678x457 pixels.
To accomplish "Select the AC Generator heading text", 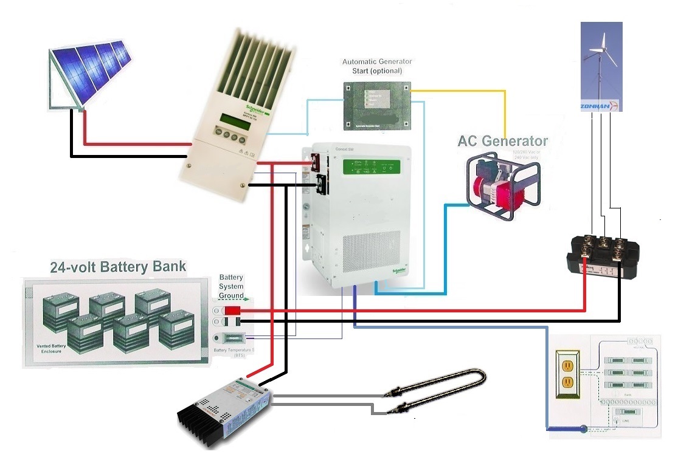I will pyautogui.click(x=502, y=141).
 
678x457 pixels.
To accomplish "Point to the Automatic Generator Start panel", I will pyautogui.click(x=376, y=106).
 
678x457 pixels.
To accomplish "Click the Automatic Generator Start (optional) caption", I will pyautogui.click(x=377, y=66).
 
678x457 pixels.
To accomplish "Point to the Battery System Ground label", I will pyautogui.click(x=231, y=286).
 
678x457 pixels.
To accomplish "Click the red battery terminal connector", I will pyautogui.click(x=233, y=311).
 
